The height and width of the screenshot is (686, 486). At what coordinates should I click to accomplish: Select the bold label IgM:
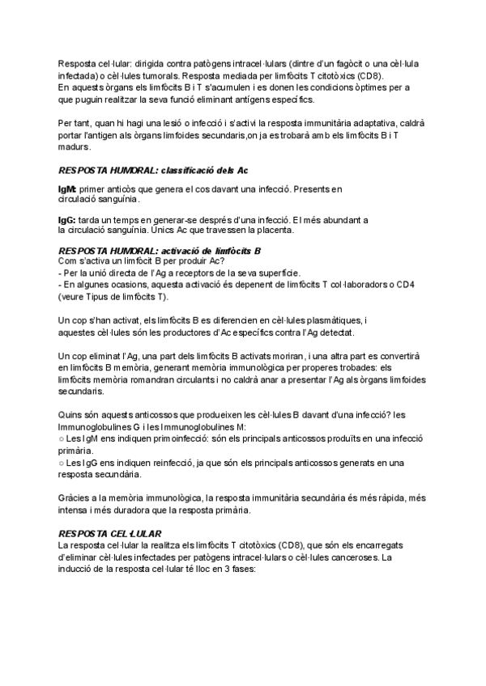click(67, 188)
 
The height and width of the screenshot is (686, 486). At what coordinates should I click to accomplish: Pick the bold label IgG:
click(66, 219)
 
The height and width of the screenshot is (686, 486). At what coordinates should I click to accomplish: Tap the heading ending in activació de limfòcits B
click(159, 251)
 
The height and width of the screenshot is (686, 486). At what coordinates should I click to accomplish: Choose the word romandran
click(163, 379)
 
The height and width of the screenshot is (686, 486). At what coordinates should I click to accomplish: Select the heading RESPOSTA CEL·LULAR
click(109, 534)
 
